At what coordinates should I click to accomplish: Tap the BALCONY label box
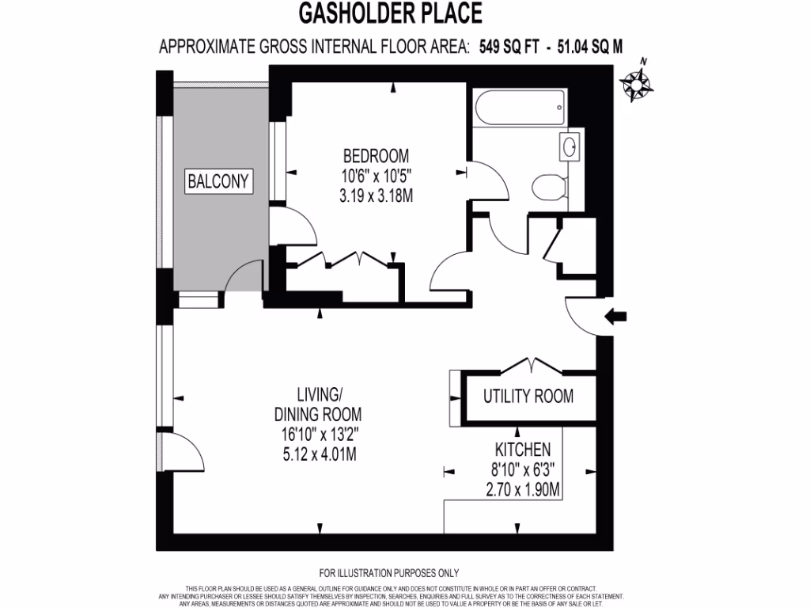click(218, 181)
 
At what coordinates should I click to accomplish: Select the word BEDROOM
click(376, 154)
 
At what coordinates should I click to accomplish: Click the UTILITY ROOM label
click(528, 396)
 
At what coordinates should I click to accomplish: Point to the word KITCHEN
click(523, 450)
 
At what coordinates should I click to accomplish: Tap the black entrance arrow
click(615, 317)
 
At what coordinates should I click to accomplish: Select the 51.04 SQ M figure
click(590, 47)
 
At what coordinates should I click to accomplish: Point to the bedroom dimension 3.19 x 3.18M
click(376, 195)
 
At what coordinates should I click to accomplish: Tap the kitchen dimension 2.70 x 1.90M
click(523, 490)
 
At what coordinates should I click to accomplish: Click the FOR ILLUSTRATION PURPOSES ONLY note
click(388, 572)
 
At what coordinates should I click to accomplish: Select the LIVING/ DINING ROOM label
click(318, 404)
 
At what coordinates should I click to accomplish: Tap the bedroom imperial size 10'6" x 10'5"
click(376, 175)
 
